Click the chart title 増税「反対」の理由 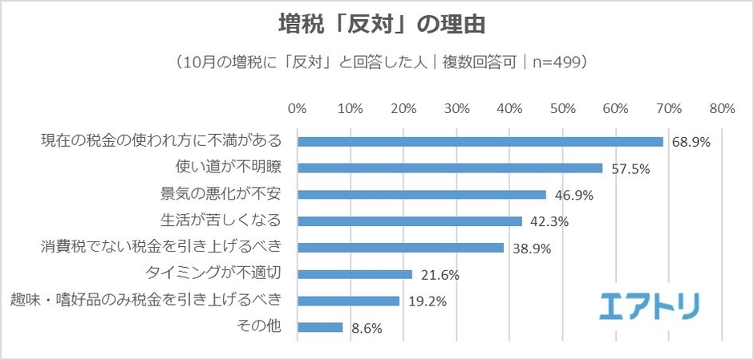click(377, 24)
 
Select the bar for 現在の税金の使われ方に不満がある click(480, 141)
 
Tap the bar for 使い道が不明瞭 click(450, 168)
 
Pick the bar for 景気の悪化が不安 click(422, 195)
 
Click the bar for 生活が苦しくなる click(410, 221)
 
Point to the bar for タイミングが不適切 click(355, 274)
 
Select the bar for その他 click(320, 327)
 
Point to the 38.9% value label click(532, 249)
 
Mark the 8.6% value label click(367, 328)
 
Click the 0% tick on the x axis click(297, 109)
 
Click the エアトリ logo click(650, 305)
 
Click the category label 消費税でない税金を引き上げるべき click(162, 248)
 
